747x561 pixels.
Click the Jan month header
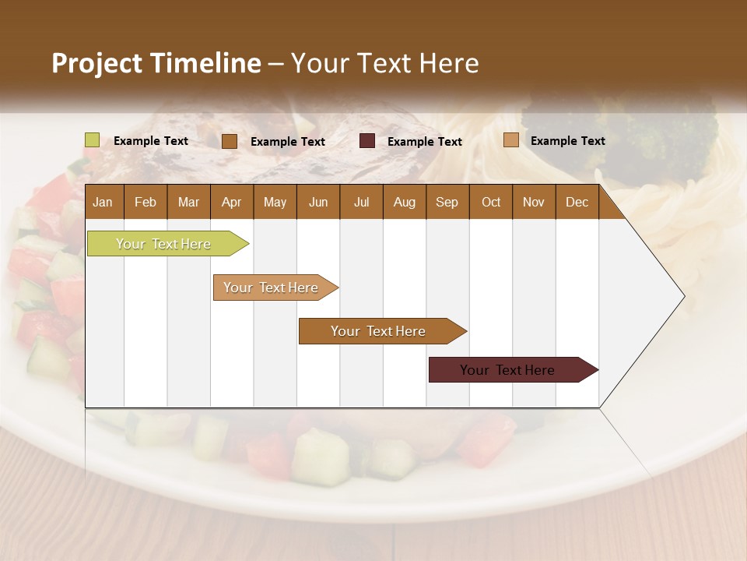pyautogui.click(x=103, y=202)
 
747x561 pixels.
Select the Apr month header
pyautogui.click(x=231, y=202)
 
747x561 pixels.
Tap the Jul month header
pyautogui.click(x=361, y=202)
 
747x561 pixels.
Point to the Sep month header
pyautogui.click(x=447, y=202)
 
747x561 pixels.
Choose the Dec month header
pyautogui.click(x=577, y=202)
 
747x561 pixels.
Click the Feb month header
pyautogui.click(x=146, y=202)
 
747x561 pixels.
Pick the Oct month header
pyautogui.click(x=491, y=202)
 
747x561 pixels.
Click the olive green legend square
pyautogui.click(x=92, y=140)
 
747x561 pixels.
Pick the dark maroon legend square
pyautogui.click(x=367, y=141)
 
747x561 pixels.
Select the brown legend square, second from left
pyautogui.click(x=230, y=141)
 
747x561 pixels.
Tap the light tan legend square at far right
pyautogui.click(x=511, y=140)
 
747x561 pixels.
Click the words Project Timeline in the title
pyautogui.click(x=156, y=63)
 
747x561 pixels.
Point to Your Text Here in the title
pyautogui.click(x=385, y=63)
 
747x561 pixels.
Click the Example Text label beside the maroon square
pyautogui.click(x=424, y=142)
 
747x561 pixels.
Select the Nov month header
pyautogui.click(x=534, y=202)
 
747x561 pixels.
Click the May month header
pyautogui.click(x=275, y=202)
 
